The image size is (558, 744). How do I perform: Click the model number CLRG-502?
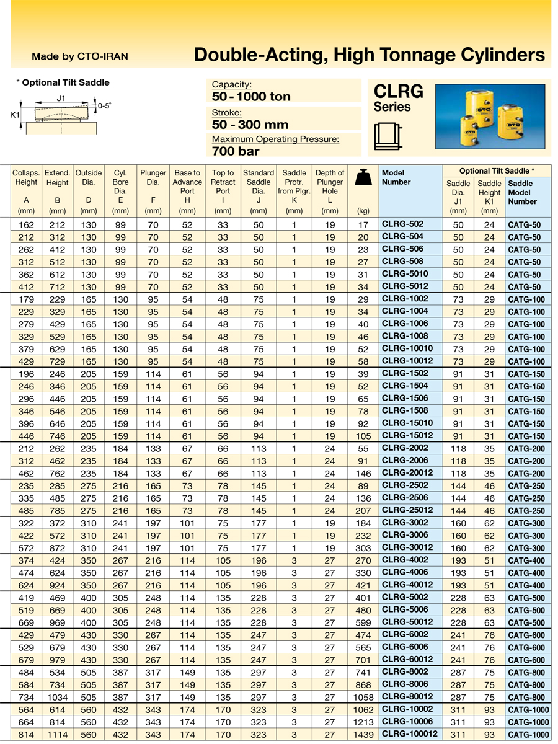(402, 224)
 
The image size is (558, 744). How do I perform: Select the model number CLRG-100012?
(409, 734)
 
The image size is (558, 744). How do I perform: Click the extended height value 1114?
(58, 735)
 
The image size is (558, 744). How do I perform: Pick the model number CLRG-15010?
(406, 423)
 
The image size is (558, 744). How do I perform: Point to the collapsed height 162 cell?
(27, 224)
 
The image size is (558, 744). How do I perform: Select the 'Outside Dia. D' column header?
(89, 186)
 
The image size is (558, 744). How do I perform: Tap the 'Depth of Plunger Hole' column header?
(330, 186)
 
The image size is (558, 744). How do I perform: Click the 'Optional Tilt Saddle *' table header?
(497, 170)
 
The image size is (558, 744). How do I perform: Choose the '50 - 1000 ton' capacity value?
(251, 97)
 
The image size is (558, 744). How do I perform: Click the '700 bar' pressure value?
(236, 151)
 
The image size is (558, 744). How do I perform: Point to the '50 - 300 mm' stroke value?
(250, 124)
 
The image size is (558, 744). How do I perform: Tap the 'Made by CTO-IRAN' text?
(80, 56)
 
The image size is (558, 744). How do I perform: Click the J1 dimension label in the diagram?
(61, 98)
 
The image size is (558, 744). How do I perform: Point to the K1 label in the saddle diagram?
(15, 114)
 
